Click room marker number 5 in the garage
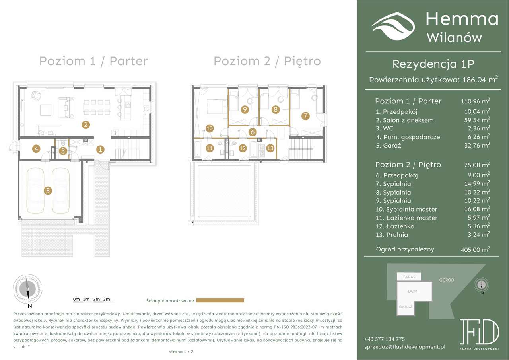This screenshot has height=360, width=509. (48, 191)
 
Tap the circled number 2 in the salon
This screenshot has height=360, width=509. (85, 125)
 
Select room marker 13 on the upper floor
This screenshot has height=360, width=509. (270, 148)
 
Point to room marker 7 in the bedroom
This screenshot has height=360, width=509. (305, 116)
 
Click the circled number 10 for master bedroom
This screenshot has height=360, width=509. (210, 128)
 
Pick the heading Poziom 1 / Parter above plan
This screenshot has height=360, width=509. (93, 61)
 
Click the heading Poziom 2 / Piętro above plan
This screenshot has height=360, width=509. (267, 61)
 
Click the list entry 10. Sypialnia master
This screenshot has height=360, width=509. (406, 209)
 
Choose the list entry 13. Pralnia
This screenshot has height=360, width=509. (392, 235)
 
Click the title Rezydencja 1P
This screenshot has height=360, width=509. (433, 64)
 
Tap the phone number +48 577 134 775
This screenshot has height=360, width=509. (384, 339)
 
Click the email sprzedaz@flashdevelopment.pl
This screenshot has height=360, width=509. (404, 347)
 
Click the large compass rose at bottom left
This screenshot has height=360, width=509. (28, 289)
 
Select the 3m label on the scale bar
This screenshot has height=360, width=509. (106, 299)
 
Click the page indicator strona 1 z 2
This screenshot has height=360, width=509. (181, 352)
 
